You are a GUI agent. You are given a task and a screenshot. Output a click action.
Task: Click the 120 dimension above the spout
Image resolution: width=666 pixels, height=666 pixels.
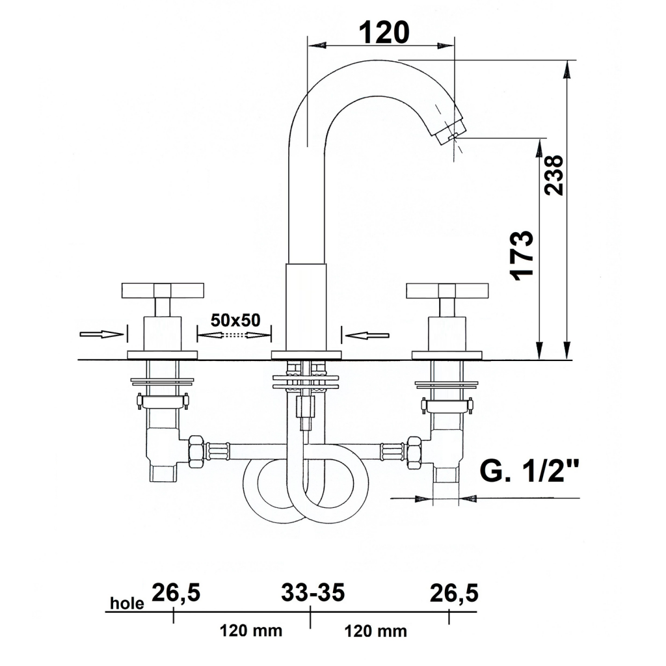click(x=384, y=33)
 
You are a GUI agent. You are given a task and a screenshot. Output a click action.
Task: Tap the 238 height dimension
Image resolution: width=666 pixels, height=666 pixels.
click(x=554, y=175)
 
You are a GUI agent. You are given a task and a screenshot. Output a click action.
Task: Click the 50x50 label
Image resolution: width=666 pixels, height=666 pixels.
click(x=235, y=320)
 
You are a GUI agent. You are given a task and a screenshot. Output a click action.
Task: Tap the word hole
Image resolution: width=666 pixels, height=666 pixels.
click(x=127, y=603)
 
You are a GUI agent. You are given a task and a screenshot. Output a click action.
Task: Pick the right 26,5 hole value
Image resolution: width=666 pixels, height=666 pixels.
click(x=454, y=593)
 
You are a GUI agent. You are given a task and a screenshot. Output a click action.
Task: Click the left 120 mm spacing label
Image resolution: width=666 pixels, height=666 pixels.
click(x=250, y=630)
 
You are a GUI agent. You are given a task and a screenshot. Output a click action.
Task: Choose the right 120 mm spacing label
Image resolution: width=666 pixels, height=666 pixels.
click(x=375, y=631)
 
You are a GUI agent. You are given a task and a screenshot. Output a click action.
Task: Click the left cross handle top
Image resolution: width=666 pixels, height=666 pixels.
click(x=163, y=290)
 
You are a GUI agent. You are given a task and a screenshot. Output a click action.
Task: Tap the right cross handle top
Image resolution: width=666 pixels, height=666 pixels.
click(x=447, y=290)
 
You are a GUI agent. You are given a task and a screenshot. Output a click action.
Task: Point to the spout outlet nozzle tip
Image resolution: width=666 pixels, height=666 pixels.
click(x=451, y=132)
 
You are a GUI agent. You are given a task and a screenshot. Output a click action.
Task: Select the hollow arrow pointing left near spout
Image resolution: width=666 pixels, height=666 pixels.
click(x=367, y=336)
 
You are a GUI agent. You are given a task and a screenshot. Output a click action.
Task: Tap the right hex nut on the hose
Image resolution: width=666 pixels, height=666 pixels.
click(x=414, y=453)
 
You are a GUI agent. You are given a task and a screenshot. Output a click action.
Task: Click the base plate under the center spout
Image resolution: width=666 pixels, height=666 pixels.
click(x=306, y=355)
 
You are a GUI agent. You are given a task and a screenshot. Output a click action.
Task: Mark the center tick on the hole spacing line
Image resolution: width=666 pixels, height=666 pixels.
click(x=310, y=617)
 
